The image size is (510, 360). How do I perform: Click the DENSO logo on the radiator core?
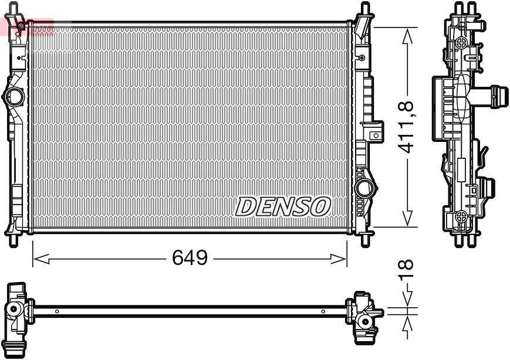pyautogui.click(x=283, y=206)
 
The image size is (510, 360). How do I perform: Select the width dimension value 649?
pyautogui.click(x=190, y=257)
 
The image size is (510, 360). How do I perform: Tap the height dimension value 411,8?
pyautogui.click(x=407, y=127)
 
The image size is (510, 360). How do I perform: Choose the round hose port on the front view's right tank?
pyautogui.click(x=364, y=188)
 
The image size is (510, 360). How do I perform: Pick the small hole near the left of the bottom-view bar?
pyautogui.click(x=57, y=311)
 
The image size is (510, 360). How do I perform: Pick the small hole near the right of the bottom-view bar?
pyautogui.click(x=322, y=311)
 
